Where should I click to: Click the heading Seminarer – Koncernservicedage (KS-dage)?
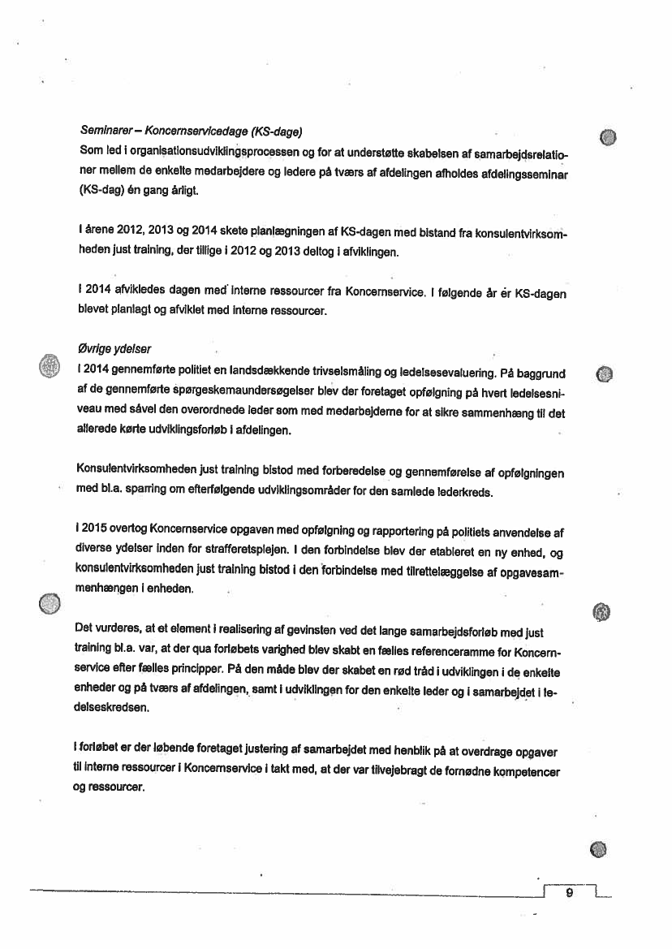tap(191, 132)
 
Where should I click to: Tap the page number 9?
tap(569, 893)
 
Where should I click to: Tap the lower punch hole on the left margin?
tap(50, 602)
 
